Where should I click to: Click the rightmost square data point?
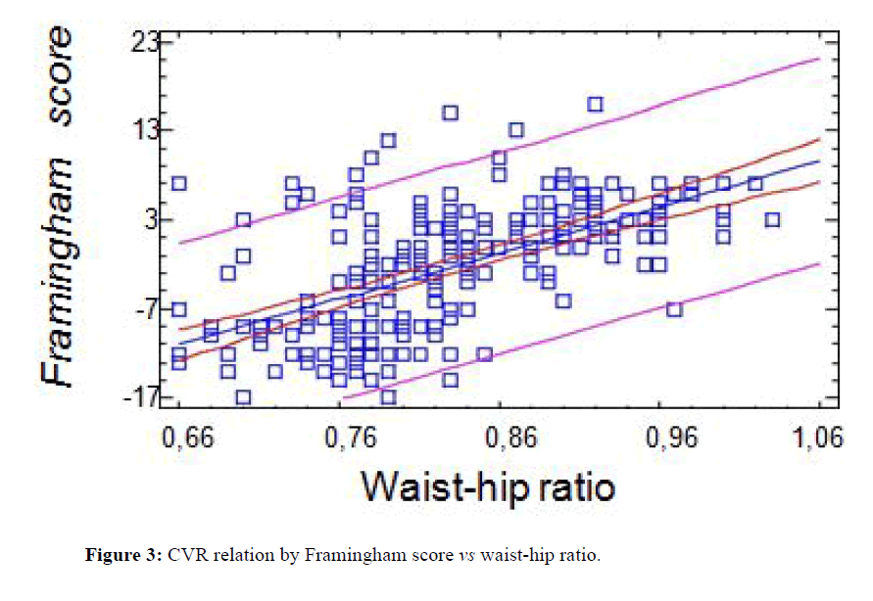point(771,219)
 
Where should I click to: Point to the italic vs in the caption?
point(462,556)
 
